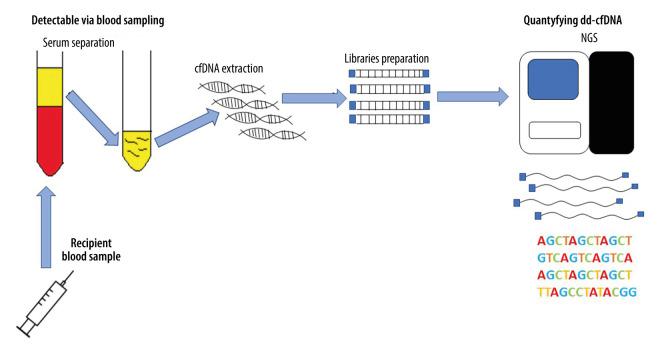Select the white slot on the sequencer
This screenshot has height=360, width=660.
point(553,130)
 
